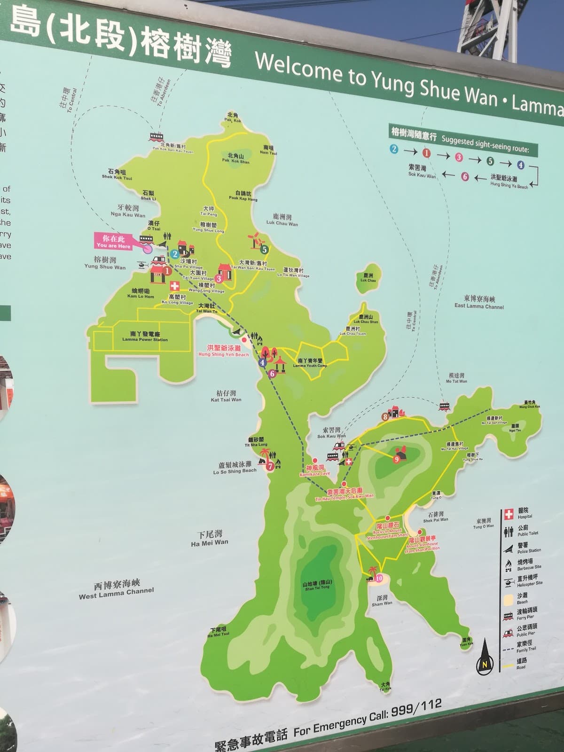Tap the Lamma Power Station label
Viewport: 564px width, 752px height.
pyautogui.click(x=145, y=337)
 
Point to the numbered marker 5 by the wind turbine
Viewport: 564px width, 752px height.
pyautogui.click(x=265, y=250)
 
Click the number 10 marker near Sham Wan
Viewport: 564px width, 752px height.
pyautogui.click(x=379, y=579)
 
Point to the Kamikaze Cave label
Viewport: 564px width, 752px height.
pyautogui.click(x=315, y=471)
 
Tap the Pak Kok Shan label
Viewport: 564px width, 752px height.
pyautogui.click(x=236, y=158)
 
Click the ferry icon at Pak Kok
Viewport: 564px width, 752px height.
pyautogui.click(x=157, y=137)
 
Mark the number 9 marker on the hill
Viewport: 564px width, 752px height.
pyautogui.click(x=397, y=459)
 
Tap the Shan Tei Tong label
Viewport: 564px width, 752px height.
pyautogui.click(x=317, y=586)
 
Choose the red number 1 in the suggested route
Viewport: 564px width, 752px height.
pyautogui.click(x=426, y=152)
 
